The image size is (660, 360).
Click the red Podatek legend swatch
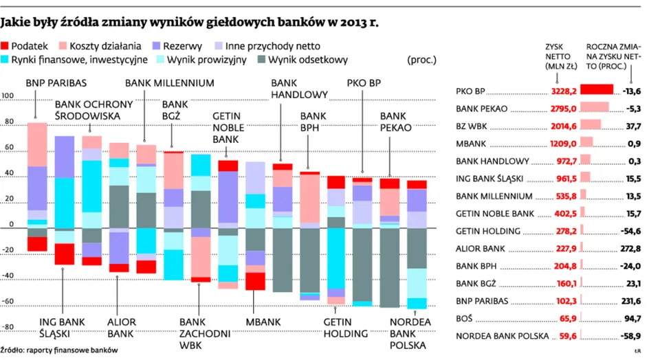pos(6,45)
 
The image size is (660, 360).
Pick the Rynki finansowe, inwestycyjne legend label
pos(81,60)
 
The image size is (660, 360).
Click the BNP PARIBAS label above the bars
pos(56,82)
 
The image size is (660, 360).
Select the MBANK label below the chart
pos(262,322)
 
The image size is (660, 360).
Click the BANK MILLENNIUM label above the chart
pos(169,82)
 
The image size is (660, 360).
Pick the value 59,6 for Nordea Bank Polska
pos(566,337)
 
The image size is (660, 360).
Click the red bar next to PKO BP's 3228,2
pos(595,90)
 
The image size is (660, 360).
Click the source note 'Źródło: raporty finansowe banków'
pos(54,350)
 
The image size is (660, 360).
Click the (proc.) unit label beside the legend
pos(421,60)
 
